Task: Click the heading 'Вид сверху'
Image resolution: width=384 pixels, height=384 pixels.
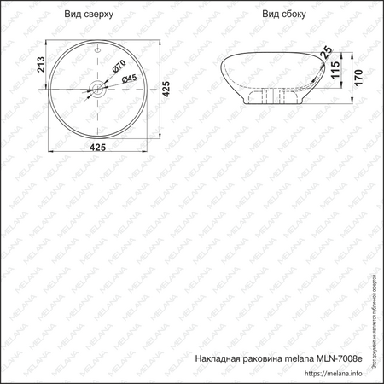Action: (x=88, y=15)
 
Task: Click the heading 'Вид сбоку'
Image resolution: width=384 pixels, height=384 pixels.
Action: (x=282, y=15)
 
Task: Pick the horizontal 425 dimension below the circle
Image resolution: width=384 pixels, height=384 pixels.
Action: (x=99, y=147)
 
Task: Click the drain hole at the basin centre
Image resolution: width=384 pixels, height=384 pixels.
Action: (x=98, y=87)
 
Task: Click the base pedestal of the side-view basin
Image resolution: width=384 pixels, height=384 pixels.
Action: (x=271, y=98)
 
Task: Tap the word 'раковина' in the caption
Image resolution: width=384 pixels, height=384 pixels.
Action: (x=270, y=359)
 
